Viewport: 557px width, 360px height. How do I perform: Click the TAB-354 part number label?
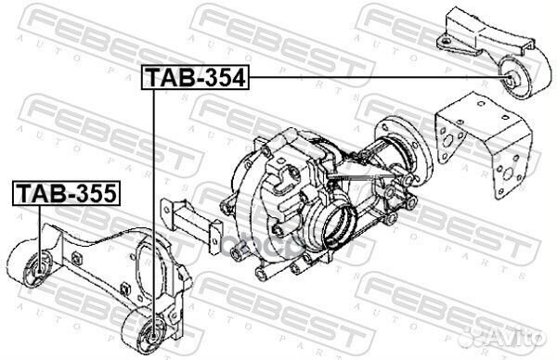point(196,77)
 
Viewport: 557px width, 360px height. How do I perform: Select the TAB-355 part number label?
point(67,193)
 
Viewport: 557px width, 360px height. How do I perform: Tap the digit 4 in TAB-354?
point(237,77)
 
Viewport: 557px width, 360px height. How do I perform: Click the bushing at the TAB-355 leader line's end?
point(38,269)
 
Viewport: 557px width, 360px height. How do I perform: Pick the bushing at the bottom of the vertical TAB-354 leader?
point(153,332)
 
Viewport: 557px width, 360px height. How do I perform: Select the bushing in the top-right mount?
point(512,79)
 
